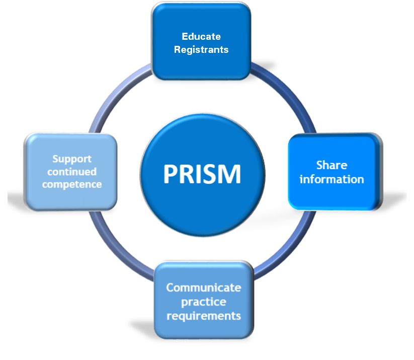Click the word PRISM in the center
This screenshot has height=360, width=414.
202,174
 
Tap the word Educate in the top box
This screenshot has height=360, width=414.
201,37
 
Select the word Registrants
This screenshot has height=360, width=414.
201,49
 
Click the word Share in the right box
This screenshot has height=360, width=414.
332,165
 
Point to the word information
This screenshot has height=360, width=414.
332,179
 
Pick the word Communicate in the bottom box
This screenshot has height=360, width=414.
204,288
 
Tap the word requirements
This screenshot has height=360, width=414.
204,316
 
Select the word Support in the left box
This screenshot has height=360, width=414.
72,159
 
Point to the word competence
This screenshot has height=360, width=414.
72,184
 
